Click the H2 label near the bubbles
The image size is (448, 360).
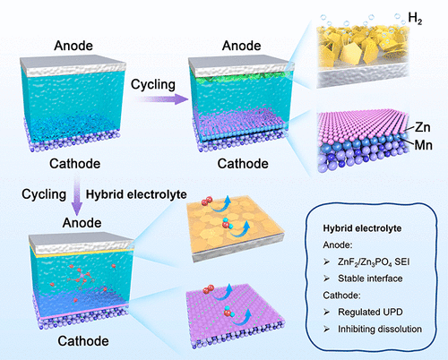[x=415, y=18]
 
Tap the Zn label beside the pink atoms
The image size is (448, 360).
[x=423, y=127]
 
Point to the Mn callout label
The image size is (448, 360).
[x=424, y=145]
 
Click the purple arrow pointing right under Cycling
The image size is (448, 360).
[x=162, y=99]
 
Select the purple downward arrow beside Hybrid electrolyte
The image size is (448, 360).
[x=77, y=194]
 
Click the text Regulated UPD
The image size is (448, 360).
[x=370, y=312]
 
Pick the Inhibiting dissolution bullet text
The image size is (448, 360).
[x=380, y=329]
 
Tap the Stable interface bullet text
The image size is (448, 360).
[x=370, y=279]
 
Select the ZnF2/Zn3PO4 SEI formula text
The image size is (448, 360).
[x=374, y=262]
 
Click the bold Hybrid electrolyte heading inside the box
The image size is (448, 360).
[x=362, y=228]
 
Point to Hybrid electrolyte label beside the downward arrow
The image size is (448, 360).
[x=136, y=194]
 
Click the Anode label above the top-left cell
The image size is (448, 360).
[x=73, y=46]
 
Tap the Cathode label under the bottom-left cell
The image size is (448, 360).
[x=83, y=341]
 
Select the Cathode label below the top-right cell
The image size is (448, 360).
[x=243, y=164]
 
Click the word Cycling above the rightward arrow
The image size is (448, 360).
[x=153, y=84]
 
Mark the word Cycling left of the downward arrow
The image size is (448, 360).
[x=44, y=194]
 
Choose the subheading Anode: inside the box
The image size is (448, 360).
[x=338, y=245]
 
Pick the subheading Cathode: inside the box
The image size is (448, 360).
[x=341, y=296]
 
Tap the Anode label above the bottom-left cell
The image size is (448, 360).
[x=82, y=223]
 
